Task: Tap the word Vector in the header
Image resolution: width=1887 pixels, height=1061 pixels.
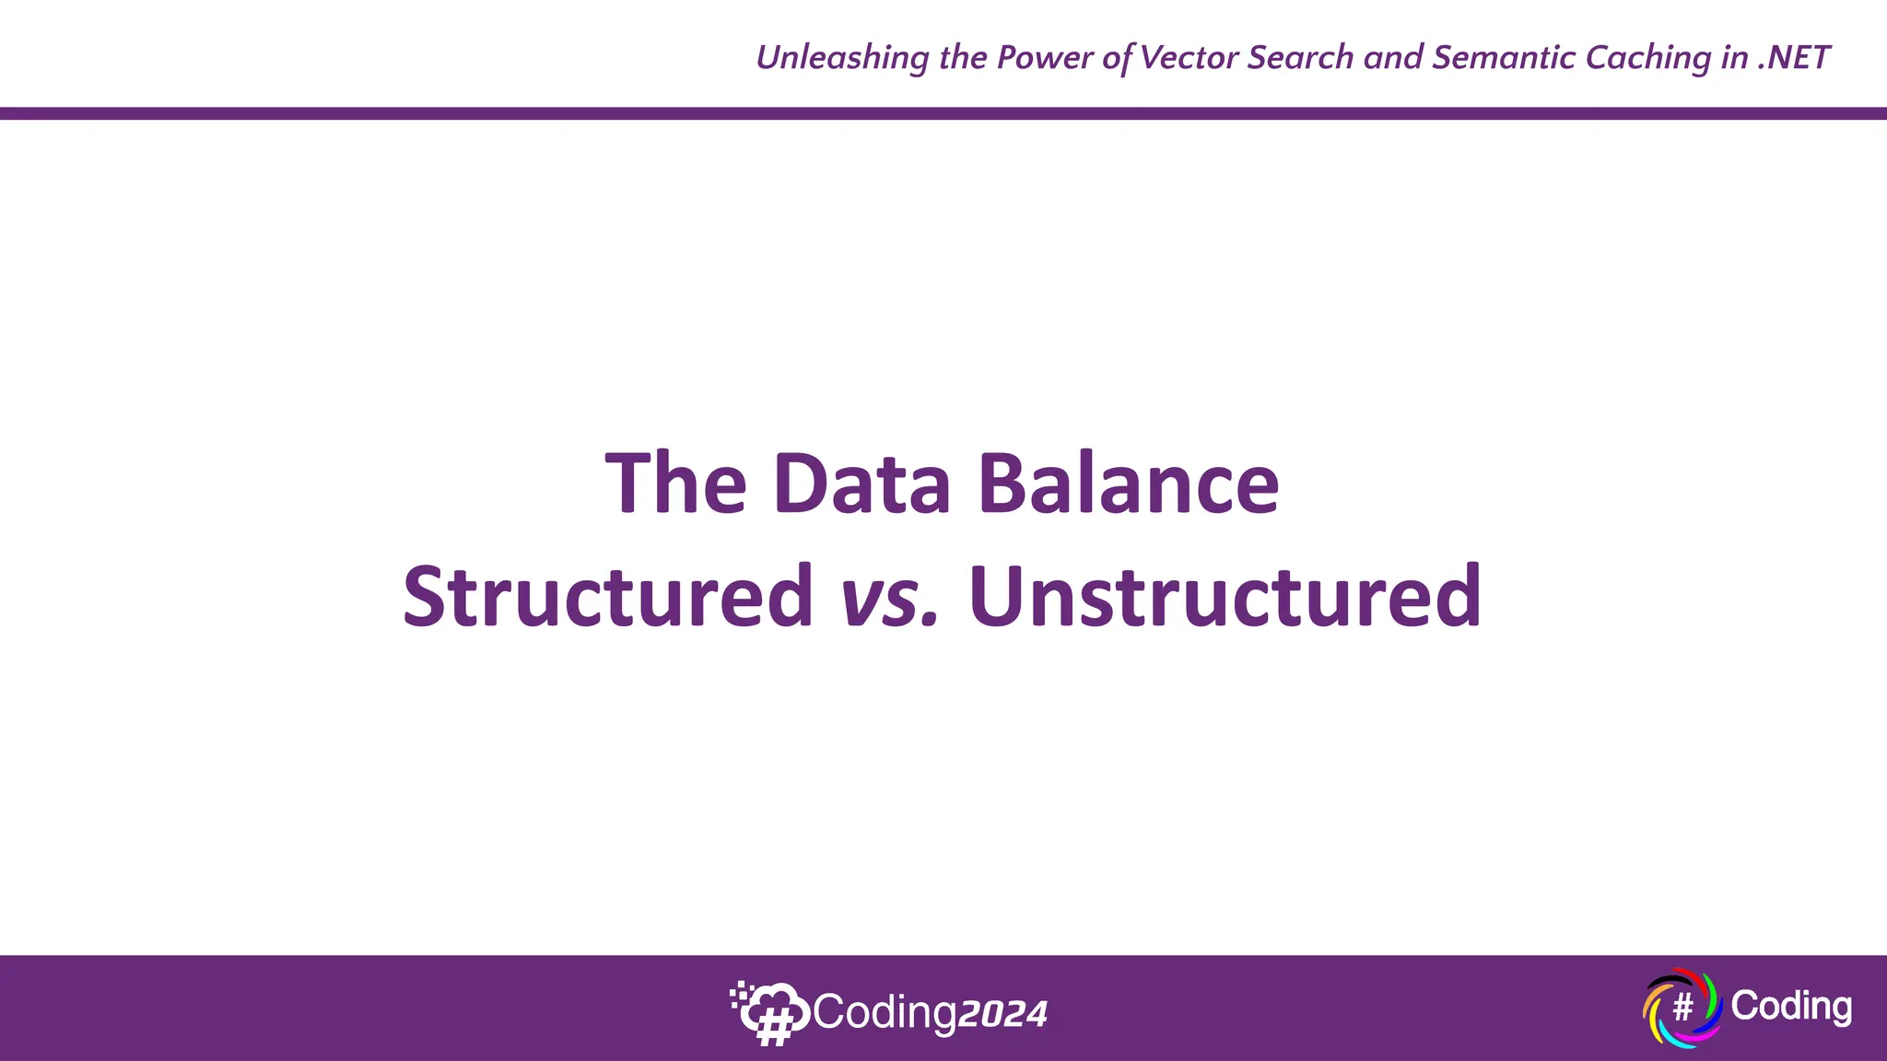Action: (x=1188, y=58)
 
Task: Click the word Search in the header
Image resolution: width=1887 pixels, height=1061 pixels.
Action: (x=1301, y=58)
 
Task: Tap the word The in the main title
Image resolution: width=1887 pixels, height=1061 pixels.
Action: (x=675, y=484)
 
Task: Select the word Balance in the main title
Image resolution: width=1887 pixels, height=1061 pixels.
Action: (x=1128, y=484)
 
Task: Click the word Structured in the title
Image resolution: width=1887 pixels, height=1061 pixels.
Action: (x=608, y=597)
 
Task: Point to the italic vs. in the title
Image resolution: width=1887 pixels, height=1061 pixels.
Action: (x=889, y=599)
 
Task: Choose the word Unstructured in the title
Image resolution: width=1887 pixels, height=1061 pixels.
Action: (x=1225, y=597)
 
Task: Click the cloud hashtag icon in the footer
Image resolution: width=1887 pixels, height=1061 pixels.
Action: (x=769, y=1013)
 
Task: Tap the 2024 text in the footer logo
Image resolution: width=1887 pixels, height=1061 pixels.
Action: (x=1002, y=1014)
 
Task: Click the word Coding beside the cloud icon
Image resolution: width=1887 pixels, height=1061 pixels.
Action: (x=885, y=1013)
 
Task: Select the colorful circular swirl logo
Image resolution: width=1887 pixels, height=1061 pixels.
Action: (x=1682, y=1008)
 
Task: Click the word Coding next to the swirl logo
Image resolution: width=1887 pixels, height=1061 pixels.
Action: (x=1790, y=1006)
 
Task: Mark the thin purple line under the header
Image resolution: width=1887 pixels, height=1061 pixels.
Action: (x=943, y=113)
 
